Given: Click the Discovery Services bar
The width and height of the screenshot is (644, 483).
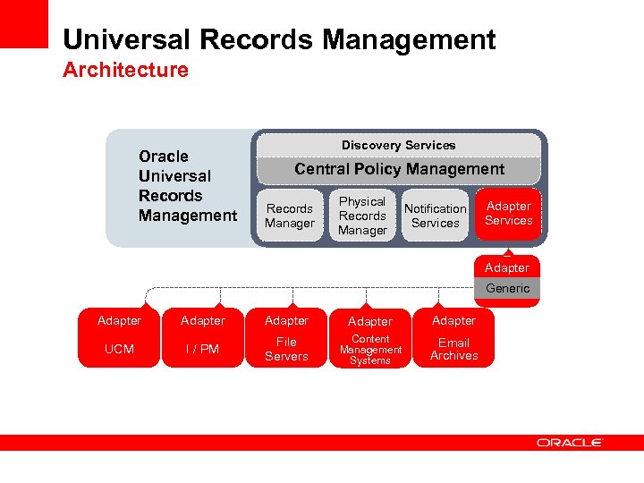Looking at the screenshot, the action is coord(398,145).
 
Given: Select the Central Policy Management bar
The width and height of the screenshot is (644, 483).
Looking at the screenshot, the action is coord(399,169).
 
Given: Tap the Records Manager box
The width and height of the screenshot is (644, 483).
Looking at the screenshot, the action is coord(290,216).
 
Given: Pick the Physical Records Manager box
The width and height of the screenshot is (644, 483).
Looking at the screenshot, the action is coord(362,216).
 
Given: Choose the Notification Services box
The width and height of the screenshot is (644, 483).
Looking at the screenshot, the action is coord(436,216).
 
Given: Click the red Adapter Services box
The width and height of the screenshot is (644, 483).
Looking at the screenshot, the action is coord(508,214).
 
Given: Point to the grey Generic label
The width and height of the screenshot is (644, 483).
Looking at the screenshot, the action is coord(507,288).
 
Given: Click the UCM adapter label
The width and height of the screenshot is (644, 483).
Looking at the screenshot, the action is coord(119,349).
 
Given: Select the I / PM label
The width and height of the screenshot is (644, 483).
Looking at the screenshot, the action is coord(202,349).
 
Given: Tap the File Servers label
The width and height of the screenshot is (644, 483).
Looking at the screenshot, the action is coord(286,349).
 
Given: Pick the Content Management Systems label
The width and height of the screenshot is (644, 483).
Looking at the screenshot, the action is coord(370,350).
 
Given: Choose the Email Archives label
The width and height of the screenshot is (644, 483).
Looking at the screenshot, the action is coord(453,349).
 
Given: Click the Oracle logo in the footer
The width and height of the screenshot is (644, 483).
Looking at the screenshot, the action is coord(570,443).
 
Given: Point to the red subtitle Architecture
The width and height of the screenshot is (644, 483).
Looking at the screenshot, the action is coord(125,70).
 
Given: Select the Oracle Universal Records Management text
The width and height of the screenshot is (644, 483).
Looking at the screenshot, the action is coord(187,186).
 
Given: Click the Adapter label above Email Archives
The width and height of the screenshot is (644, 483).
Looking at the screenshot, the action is coord(453,320).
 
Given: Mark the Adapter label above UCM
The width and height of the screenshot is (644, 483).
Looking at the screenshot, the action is coord(119,320).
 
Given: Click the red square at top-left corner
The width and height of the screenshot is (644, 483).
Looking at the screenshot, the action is coord(23,23).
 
